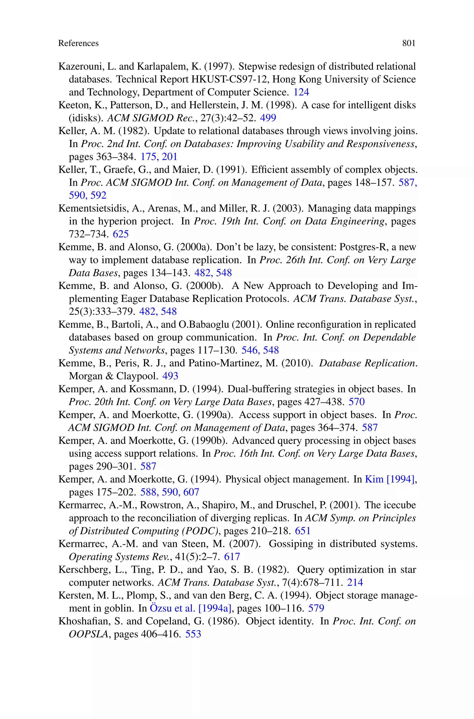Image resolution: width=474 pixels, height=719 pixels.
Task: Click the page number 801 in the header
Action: (x=409, y=44)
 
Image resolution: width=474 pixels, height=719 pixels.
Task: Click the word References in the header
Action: (x=78, y=44)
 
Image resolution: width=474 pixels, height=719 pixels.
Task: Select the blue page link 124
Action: (x=301, y=92)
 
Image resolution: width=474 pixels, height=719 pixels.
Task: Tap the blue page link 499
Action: (x=268, y=118)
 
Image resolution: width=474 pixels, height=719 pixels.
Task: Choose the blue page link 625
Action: (x=121, y=234)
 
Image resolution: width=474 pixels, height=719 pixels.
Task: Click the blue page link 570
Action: (x=357, y=402)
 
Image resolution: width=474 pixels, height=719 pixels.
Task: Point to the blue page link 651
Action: (x=302, y=531)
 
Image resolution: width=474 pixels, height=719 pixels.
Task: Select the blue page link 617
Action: (x=232, y=557)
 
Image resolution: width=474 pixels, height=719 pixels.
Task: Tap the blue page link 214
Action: (x=355, y=582)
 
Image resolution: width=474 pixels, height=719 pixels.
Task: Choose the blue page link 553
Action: (x=193, y=634)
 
